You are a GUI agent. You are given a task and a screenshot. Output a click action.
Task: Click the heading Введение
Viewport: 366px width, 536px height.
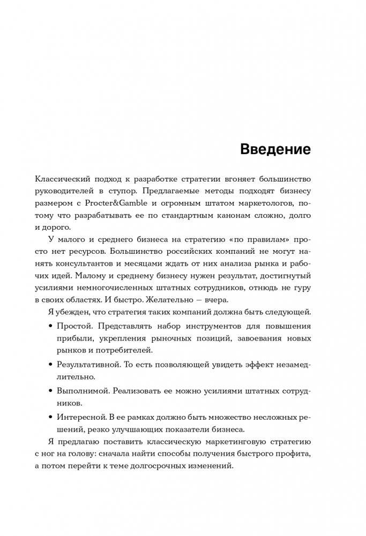[275, 149]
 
